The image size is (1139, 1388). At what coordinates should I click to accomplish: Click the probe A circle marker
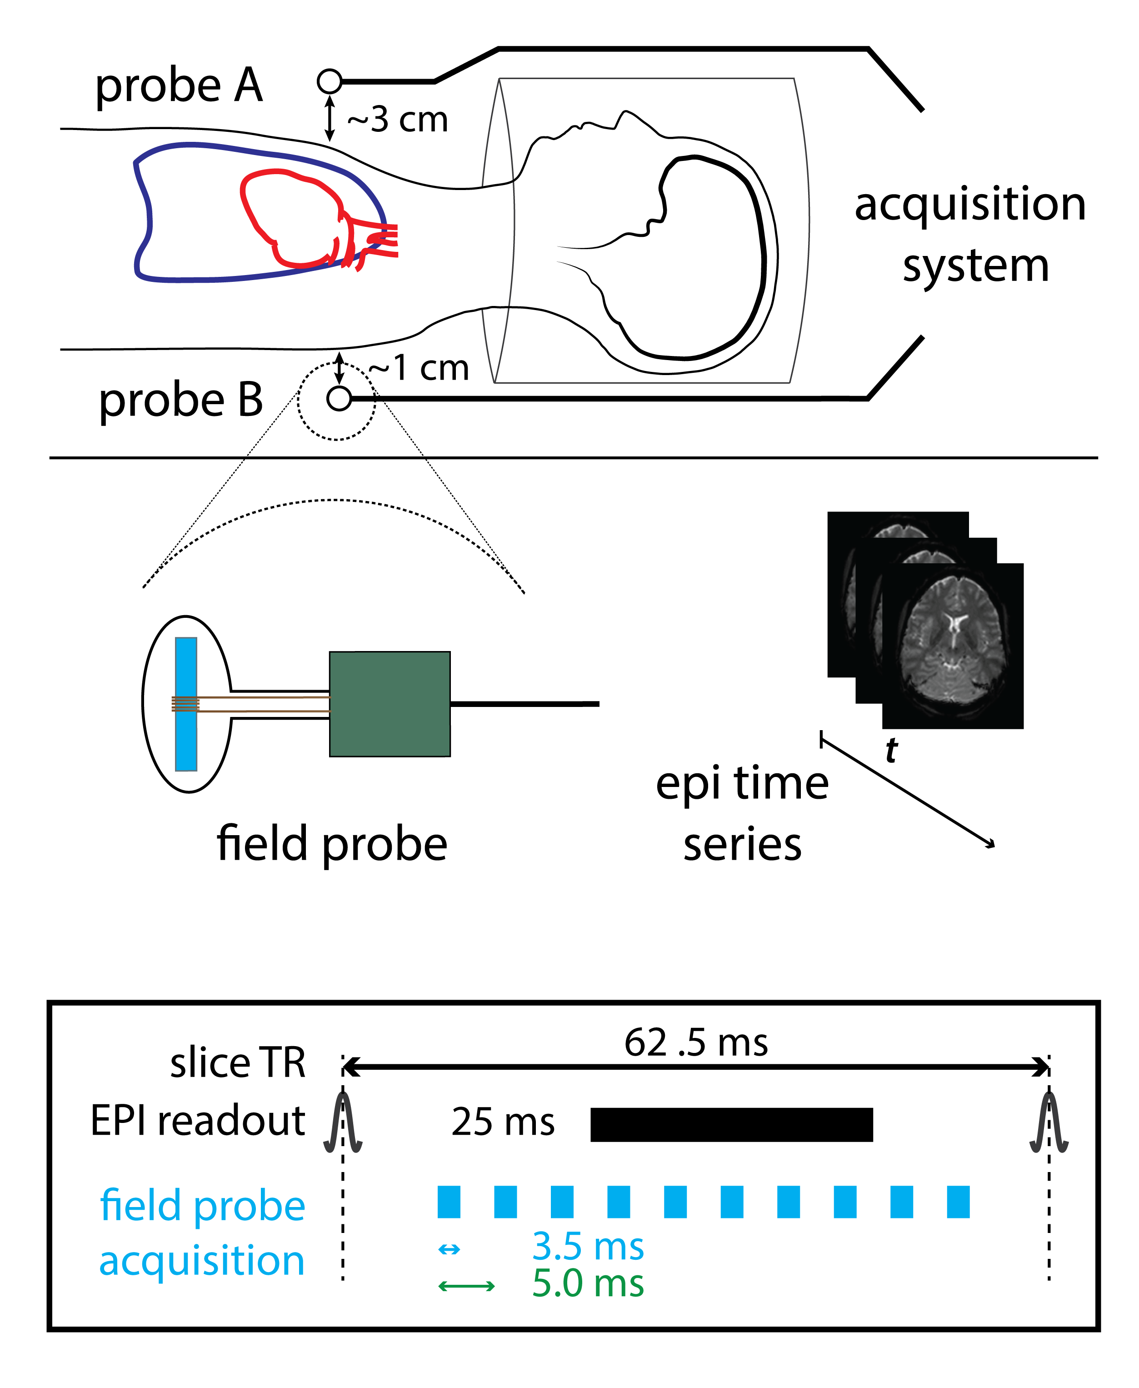(x=330, y=81)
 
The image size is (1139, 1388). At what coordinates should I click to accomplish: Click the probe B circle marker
(x=339, y=398)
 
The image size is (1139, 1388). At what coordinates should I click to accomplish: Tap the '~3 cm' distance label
(x=398, y=120)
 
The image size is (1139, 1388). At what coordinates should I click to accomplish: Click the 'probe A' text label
(x=179, y=86)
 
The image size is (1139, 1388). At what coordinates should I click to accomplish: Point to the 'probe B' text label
(x=181, y=401)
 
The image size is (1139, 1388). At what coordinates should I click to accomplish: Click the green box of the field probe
(x=390, y=704)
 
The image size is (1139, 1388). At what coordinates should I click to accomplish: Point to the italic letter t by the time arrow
(x=891, y=750)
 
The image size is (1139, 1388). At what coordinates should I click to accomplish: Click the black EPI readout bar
(x=732, y=1125)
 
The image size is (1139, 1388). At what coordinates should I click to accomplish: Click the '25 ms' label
(x=503, y=1122)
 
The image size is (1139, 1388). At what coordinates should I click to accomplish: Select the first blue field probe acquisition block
(x=449, y=1202)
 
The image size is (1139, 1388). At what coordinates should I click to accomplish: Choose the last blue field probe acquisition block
(x=958, y=1202)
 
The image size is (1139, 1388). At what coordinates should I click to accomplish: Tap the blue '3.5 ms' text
(x=588, y=1246)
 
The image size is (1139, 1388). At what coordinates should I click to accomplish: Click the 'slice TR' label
(x=238, y=1063)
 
